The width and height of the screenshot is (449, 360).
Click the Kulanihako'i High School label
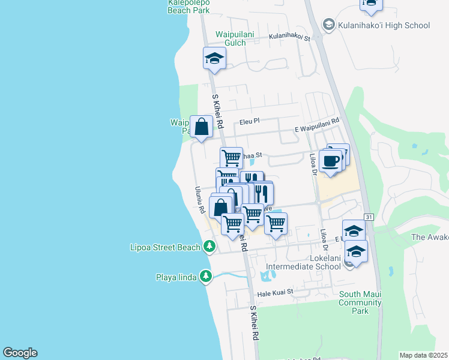click(x=384, y=25)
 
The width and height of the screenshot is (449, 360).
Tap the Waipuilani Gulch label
click(x=235, y=38)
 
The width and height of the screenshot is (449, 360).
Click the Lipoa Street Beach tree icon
click(x=209, y=246)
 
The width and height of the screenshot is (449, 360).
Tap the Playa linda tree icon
click(x=206, y=276)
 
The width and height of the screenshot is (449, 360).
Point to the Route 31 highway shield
click(x=369, y=217)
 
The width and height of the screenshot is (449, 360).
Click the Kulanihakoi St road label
click(x=289, y=38)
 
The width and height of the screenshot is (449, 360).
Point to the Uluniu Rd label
click(x=200, y=200)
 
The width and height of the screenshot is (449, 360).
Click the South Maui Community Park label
click(x=360, y=302)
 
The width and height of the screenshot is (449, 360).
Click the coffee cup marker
click(x=331, y=161)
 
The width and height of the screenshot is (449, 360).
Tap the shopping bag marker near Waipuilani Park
click(x=202, y=127)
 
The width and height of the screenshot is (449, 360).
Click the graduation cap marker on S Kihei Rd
click(x=214, y=59)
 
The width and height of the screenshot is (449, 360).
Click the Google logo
click(x=20, y=353)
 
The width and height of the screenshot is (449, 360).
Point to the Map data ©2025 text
click(x=424, y=355)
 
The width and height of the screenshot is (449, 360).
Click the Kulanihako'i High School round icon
click(x=328, y=25)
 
